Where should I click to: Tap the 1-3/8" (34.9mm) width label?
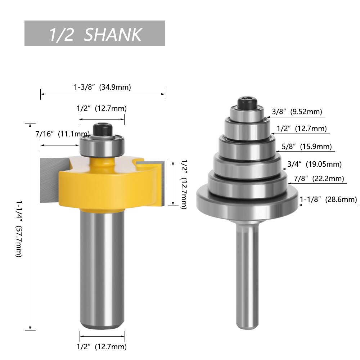point(102,87)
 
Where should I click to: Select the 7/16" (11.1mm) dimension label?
point(62,134)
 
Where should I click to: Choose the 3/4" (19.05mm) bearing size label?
point(314,165)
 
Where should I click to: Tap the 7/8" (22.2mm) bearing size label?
point(319,179)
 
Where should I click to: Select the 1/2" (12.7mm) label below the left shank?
point(102,347)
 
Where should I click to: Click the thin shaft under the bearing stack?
point(247,274)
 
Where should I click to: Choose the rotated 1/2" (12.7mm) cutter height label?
point(183,184)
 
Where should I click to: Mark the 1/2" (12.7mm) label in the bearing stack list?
point(302,129)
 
